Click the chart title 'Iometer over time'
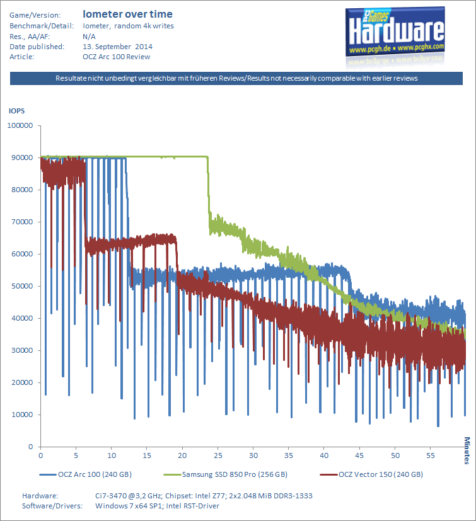point(127,14)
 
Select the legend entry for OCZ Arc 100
point(86,474)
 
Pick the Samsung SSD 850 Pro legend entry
point(226,474)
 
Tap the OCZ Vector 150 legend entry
point(371,474)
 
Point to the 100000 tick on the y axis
point(20,125)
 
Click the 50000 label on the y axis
point(22,286)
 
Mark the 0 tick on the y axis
point(31,447)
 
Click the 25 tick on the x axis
point(218,455)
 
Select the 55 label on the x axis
point(431,455)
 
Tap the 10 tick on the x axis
point(112,455)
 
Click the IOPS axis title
point(16,111)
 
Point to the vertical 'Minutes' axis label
point(467,450)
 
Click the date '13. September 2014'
point(117,47)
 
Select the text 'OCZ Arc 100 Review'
point(117,57)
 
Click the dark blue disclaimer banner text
point(236,78)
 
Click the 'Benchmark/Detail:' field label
point(42,26)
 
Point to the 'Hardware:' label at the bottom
point(40,496)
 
